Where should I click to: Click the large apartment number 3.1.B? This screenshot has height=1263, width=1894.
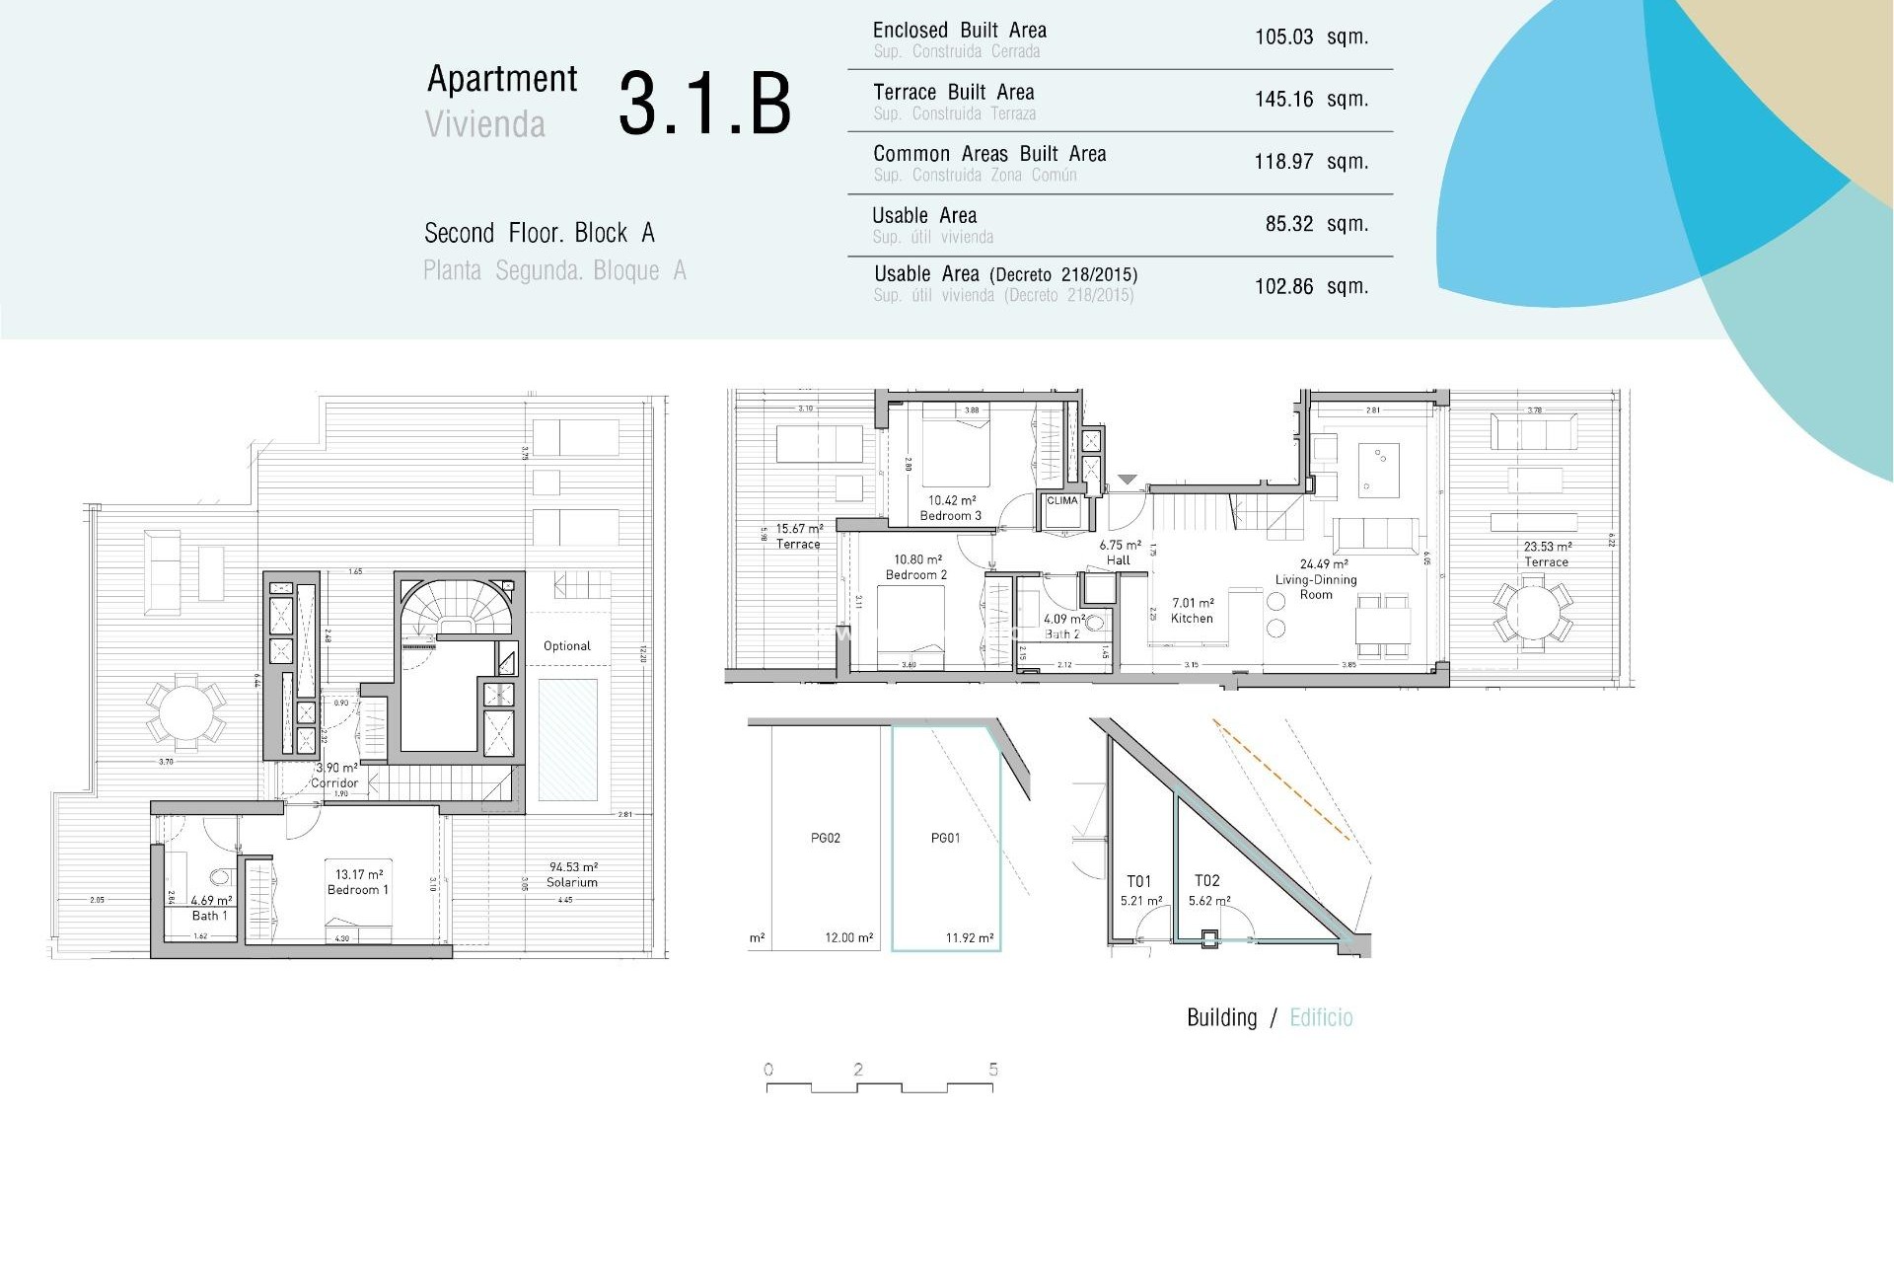(x=704, y=104)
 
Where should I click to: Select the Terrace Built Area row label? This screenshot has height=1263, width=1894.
(x=953, y=93)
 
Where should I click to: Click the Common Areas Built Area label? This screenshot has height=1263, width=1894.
(x=988, y=154)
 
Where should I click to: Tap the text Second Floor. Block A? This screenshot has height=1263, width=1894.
(x=539, y=234)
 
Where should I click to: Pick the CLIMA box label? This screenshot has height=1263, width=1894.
(x=1061, y=500)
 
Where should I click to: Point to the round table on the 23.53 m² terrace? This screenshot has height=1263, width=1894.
(x=1532, y=613)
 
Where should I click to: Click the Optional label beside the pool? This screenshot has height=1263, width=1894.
(x=566, y=646)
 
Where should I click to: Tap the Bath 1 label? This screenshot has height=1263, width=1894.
(x=209, y=916)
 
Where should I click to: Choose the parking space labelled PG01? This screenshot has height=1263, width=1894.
(x=945, y=838)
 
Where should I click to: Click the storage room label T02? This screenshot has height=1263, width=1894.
(x=1206, y=880)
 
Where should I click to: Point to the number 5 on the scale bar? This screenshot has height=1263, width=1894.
(x=992, y=1070)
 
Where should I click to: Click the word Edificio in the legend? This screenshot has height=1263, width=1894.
(x=1321, y=1017)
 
